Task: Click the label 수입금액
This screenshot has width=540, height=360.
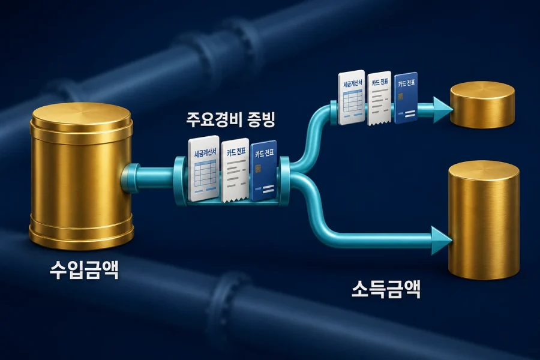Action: click(x=84, y=270)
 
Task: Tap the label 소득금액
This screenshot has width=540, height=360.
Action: click(x=386, y=289)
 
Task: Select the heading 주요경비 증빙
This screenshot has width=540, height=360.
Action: click(x=230, y=119)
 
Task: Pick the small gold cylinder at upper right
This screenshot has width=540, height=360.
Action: click(x=482, y=105)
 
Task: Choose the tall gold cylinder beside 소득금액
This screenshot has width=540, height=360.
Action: click(x=484, y=220)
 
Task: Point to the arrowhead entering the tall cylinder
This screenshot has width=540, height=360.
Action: click(x=441, y=241)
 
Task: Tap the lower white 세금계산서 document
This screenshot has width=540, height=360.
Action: click(x=204, y=169)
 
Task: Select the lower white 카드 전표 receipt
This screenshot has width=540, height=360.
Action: click(x=236, y=170)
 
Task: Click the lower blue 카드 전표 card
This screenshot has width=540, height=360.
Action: click(x=264, y=170)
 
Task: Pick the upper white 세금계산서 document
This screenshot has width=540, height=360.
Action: click(x=351, y=98)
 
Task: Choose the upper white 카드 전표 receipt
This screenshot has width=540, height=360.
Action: click(x=380, y=99)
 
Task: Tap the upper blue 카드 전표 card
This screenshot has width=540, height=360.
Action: click(x=406, y=98)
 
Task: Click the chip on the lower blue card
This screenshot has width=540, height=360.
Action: click(x=257, y=169)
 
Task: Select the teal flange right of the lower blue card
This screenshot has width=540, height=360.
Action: click(x=284, y=179)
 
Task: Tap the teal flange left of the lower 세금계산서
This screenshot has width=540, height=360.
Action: click(x=181, y=180)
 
